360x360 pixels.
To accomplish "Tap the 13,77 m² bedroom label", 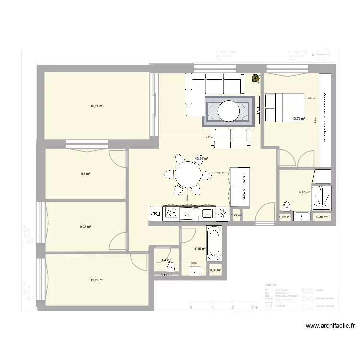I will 298,118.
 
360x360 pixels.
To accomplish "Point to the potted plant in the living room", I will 255,78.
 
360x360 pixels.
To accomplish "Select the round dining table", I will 187,175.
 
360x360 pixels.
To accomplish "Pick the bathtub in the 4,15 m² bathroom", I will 214,243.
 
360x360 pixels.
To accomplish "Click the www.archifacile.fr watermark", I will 331,326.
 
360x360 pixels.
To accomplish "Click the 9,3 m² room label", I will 85,174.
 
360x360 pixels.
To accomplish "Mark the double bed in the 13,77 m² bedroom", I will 284,108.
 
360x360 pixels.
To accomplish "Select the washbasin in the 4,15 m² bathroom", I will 195,271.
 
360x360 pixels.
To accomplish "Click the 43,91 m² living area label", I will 201,158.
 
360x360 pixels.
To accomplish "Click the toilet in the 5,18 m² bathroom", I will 287,206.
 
